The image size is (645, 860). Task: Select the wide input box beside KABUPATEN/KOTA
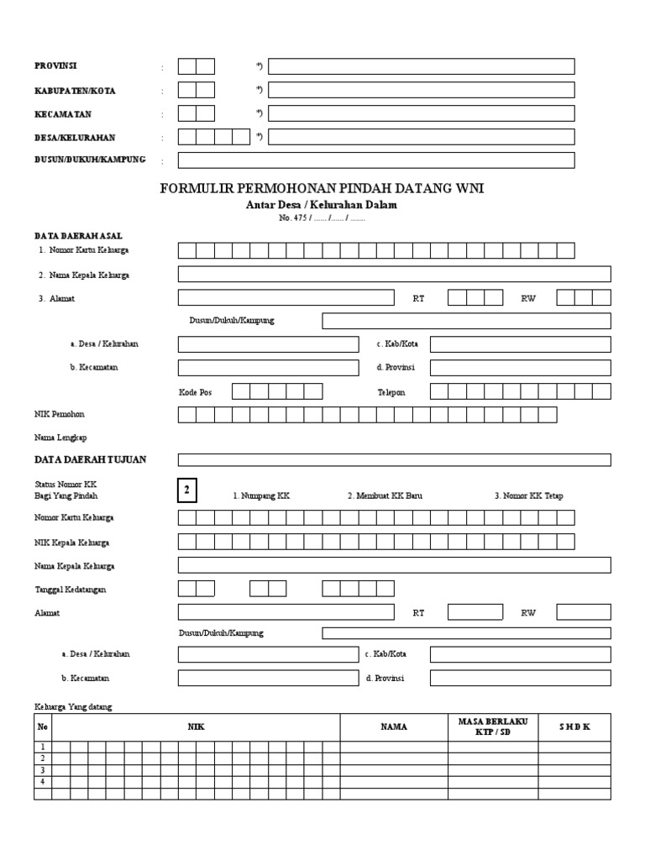tap(421, 90)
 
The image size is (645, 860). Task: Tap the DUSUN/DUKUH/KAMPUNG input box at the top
tap(375, 160)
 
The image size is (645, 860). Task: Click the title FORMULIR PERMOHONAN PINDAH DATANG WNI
tap(322, 189)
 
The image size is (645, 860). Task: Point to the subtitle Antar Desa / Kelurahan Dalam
tap(322, 205)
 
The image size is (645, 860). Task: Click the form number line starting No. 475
tap(322, 218)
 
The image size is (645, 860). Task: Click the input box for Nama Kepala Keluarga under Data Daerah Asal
tap(394, 274)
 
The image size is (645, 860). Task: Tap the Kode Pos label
tap(196, 391)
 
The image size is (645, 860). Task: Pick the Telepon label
tap(391, 391)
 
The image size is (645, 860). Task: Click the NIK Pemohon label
tap(59, 414)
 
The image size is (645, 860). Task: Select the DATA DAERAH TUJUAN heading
tap(91, 459)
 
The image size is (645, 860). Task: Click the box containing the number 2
tap(187, 490)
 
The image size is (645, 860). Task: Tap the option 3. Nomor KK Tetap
tap(528, 496)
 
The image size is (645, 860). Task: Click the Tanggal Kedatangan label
tap(71, 590)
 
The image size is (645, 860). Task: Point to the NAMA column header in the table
tap(393, 727)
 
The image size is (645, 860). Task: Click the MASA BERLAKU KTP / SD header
tap(493, 727)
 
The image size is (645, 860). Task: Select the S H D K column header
tap(574, 727)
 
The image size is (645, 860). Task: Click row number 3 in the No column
tap(42, 770)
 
